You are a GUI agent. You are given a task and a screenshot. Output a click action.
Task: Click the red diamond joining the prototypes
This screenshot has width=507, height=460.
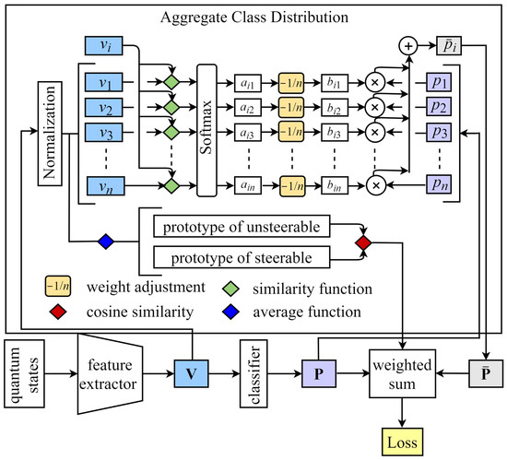tap(364, 242)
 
